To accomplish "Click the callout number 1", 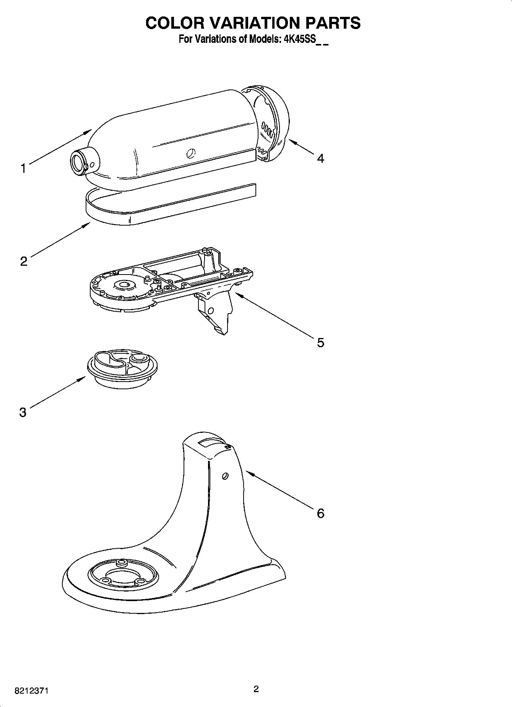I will pyautogui.click(x=23, y=169).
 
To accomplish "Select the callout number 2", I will pyautogui.click(x=24, y=262).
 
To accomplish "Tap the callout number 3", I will pyautogui.click(x=23, y=413).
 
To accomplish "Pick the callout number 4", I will pyautogui.click(x=320, y=158).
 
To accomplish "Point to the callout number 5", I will pyautogui.click(x=320, y=343).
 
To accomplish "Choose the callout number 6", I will pyautogui.click(x=320, y=513).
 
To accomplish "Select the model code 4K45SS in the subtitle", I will pyautogui.click(x=298, y=39).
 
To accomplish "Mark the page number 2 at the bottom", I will pyautogui.click(x=256, y=689).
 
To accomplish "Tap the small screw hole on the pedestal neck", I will pyautogui.click(x=225, y=476).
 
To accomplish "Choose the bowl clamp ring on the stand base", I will pyautogui.click(x=122, y=575).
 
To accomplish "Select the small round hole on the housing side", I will pyautogui.click(x=190, y=153).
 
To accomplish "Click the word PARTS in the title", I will pyautogui.click(x=333, y=23).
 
